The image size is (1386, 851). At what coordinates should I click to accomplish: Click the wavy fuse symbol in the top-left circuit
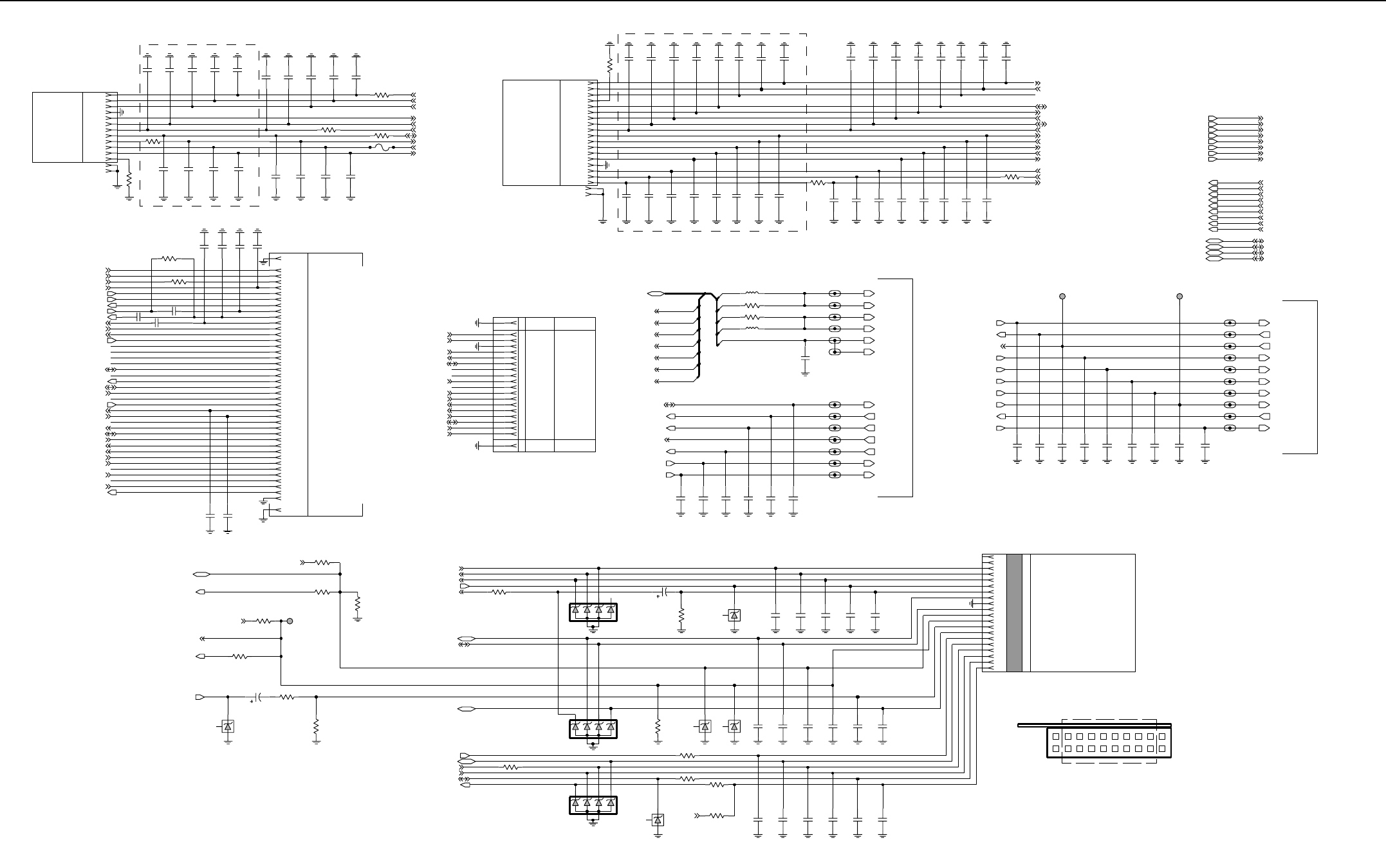381,147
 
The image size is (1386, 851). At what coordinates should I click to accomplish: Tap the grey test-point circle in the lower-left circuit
290,621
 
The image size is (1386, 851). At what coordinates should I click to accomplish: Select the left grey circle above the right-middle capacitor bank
1062,297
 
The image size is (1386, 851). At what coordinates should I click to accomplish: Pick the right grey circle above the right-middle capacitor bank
1179,297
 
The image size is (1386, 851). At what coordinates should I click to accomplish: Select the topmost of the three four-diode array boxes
593,612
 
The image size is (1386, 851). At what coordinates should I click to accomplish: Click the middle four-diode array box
593,729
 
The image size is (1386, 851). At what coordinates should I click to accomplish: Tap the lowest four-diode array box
593,805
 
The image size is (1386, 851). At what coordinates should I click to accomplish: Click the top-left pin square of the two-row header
1056,737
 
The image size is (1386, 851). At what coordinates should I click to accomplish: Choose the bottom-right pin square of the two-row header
1162,749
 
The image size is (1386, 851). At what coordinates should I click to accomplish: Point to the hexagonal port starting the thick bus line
656,294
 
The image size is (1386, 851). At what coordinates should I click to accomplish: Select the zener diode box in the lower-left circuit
228,726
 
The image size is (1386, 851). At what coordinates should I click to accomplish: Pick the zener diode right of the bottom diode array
658,820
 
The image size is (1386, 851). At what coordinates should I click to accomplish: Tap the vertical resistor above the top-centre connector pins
609,65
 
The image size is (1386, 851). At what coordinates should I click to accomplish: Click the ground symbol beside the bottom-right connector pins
973,603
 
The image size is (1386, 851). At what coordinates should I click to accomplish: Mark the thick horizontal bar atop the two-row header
1094,725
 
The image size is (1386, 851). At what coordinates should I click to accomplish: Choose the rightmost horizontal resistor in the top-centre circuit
1012,177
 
